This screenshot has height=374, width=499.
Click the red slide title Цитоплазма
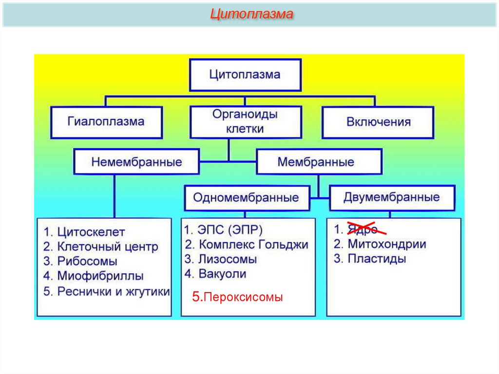coord(251,14)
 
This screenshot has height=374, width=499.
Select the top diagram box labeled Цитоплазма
coord(245,75)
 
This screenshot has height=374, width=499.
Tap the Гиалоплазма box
coord(106,121)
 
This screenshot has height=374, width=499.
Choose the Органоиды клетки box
coord(245,121)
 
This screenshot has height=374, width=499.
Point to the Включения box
coord(378,121)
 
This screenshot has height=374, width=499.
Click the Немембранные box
coord(136,162)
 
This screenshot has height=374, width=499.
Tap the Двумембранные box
coord(391,197)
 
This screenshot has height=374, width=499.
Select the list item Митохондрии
coord(387,244)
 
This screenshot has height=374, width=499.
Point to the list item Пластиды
coord(377,259)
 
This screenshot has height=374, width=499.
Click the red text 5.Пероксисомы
coord(237,297)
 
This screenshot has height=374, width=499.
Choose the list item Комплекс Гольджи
coord(253,244)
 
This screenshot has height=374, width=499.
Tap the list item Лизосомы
coord(227,259)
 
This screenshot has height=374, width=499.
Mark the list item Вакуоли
coord(222,274)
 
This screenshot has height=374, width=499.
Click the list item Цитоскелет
coord(91,232)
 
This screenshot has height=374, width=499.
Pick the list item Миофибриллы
coord(100,276)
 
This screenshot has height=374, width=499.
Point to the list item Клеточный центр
coord(108,247)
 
